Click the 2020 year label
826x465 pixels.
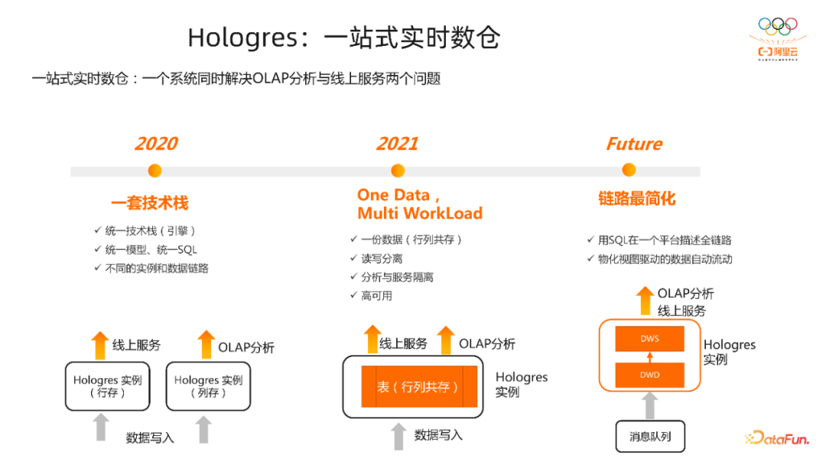point(156,144)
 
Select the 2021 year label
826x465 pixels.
point(397,144)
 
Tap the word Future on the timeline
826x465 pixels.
point(634,144)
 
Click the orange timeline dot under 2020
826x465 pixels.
point(155,171)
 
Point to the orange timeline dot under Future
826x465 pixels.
point(629,170)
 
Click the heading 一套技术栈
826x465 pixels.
point(149,203)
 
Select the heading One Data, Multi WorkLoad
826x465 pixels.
point(419,203)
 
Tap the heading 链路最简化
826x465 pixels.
point(637,199)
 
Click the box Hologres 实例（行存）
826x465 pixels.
point(107,386)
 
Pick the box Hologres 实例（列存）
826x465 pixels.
point(208,386)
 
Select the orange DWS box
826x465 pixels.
point(649,339)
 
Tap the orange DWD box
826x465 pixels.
point(649,375)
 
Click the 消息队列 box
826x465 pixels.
point(650,437)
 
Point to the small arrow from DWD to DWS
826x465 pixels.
point(649,356)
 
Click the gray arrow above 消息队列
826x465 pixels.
point(649,405)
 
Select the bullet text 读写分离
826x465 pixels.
point(382,259)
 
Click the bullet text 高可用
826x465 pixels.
point(376,295)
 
